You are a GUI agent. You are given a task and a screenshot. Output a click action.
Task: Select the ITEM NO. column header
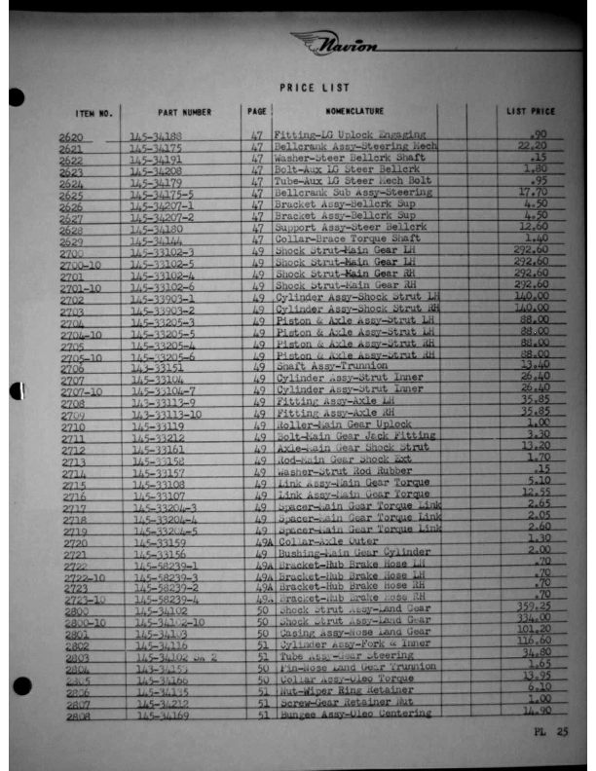(x=93, y=113)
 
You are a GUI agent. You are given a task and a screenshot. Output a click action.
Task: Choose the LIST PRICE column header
(x=531, y=112)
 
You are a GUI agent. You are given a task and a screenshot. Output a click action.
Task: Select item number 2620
(x=72, y=137)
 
